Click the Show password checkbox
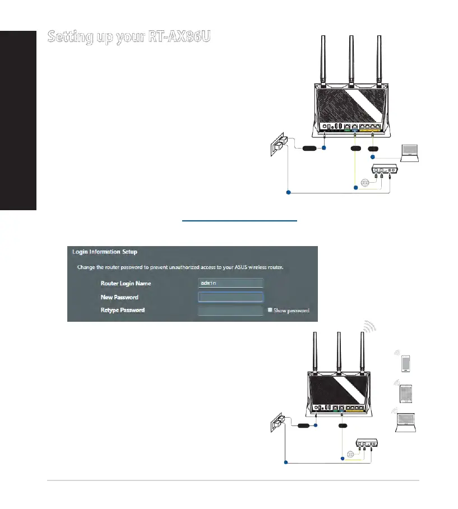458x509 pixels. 270,310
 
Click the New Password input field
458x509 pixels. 230,297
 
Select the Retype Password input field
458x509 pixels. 230,310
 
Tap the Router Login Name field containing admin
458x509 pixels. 230,283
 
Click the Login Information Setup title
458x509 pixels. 105,252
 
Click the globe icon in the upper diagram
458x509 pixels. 365,183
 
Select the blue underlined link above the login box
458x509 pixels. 239,221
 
